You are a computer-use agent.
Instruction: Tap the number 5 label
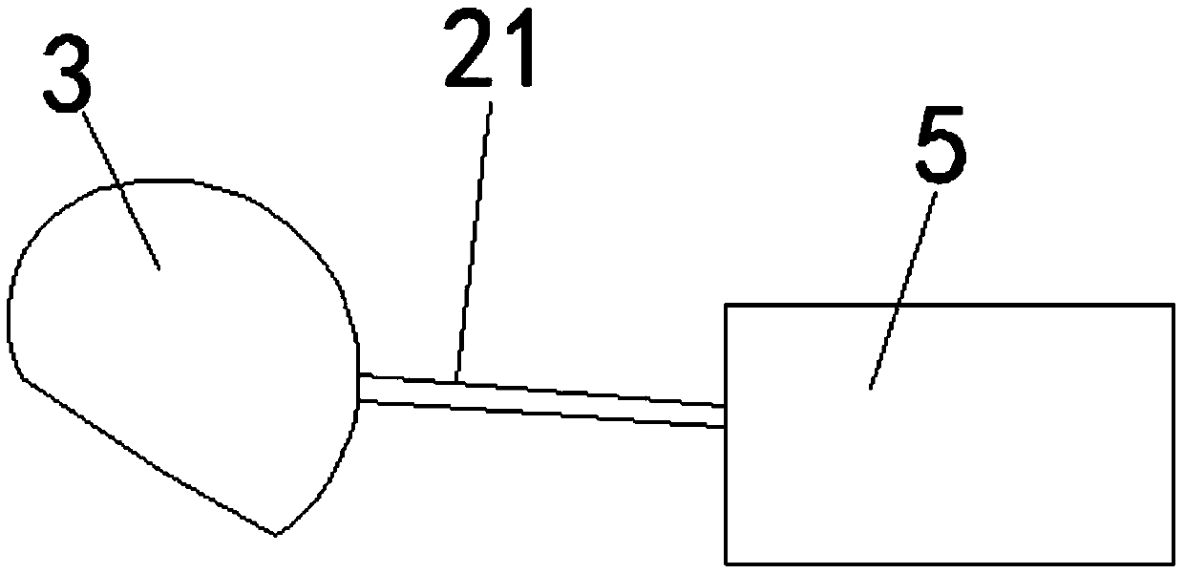940,150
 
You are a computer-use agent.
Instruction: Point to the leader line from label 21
476,239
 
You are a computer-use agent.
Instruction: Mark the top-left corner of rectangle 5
727,306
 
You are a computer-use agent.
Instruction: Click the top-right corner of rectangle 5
1173,306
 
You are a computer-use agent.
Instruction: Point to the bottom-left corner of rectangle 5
727,563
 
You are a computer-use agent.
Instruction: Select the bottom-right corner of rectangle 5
1173,563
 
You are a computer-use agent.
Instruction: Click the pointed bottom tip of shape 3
276,534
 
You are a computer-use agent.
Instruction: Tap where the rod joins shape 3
358,387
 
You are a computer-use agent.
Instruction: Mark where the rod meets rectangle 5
725,416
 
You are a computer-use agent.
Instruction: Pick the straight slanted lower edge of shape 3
143,454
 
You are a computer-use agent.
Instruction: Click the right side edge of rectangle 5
1173,435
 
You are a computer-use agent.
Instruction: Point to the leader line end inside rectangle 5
871,386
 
